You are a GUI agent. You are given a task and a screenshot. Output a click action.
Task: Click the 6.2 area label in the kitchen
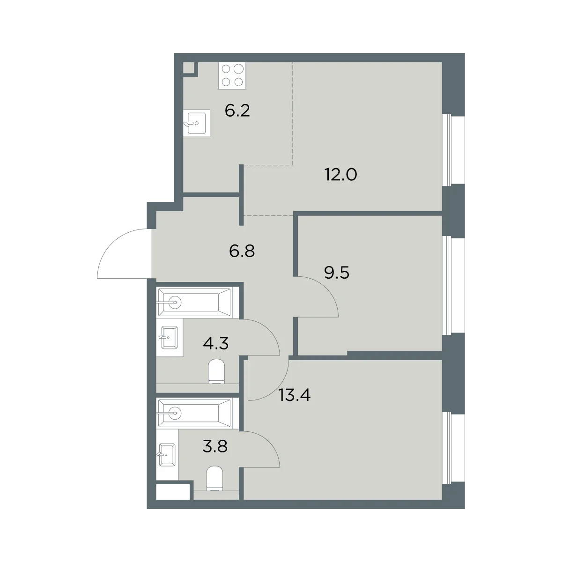pos(237,111)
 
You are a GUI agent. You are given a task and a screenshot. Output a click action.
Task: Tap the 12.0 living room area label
pos(340,175)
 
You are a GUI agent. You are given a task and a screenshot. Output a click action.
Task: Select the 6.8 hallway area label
pos(242,251)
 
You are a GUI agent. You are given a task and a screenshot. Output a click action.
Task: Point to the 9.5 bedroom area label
pos(337,273)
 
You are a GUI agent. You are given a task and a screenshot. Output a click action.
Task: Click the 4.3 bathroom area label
pos(215,343)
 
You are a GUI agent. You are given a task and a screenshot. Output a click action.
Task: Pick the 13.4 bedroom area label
pos(295,395)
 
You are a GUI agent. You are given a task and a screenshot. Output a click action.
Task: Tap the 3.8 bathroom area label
pos(215,446)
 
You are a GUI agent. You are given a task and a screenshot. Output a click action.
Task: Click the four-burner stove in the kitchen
pos(232,75)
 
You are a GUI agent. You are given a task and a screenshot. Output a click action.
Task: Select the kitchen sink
pos(197,123)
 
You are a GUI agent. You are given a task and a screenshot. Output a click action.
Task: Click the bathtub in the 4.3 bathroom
pos(194,303)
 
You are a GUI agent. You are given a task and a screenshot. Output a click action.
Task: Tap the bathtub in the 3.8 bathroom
pos(194,413)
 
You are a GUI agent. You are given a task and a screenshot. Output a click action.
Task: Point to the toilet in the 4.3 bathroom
pos(217,371)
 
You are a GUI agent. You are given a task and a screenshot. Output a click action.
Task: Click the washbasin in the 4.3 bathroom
pos(169,337)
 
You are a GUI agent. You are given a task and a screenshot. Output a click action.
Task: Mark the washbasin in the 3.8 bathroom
pos(167,455)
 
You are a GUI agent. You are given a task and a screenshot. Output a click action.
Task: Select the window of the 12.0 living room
pos(453,149)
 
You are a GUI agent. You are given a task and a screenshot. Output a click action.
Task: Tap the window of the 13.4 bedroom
pos(453,448)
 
